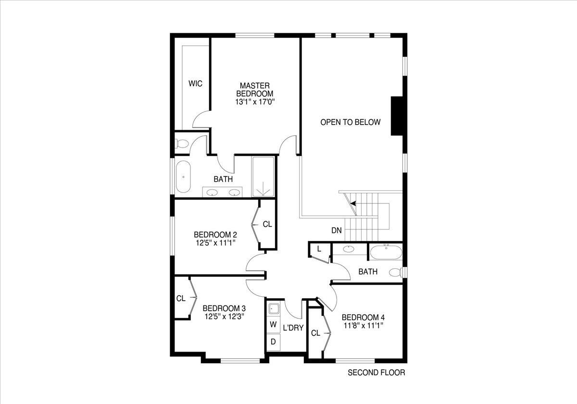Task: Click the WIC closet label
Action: (x=195, y=84)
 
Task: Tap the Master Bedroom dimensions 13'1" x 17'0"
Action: (x=255, y=102)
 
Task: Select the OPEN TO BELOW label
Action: (x=351, y=122)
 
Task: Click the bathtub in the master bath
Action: (x=183, y=177)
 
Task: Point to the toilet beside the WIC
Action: (x=182, y=143)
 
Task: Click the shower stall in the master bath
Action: (x=263, y=177)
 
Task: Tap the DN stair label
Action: (x=337, y=230)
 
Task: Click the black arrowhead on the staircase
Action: (x=353, y=203)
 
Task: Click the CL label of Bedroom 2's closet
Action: (x=267, y=224)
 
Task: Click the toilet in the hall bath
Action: (x=395, y=273)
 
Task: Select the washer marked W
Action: (x=273, y=325)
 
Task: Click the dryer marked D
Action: (x=273, y=342)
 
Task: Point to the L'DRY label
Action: (x=293, y=328)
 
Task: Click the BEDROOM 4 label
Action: (x=363, y=317)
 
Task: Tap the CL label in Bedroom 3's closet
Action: (x=181, y=298)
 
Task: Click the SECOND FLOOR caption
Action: (x=376, y=372)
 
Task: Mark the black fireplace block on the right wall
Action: (x=398, y=116)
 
